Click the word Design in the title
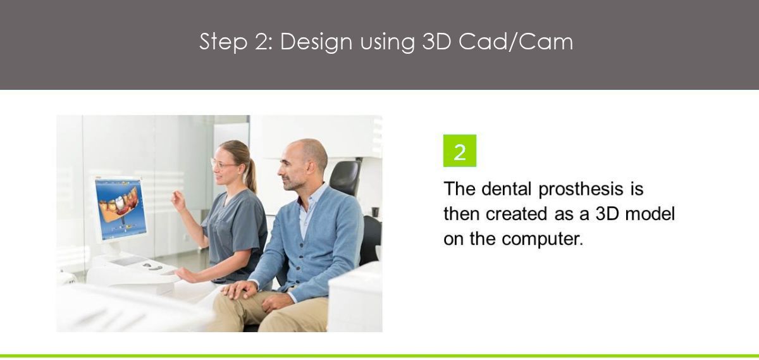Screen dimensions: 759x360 [316, 42]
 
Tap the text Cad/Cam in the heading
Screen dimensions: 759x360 [515, 42]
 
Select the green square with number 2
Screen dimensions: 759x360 [459, 151]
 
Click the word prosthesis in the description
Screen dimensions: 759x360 [581, 189]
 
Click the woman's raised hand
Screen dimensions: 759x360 [178, 201]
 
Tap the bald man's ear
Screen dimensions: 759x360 [310, 167]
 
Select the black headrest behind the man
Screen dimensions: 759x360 [345, 177]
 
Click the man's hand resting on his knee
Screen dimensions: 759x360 [238, 290]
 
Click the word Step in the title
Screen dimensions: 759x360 [223, 42]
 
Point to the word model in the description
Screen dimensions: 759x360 [650, 214]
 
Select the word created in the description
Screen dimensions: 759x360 [516, 214]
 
